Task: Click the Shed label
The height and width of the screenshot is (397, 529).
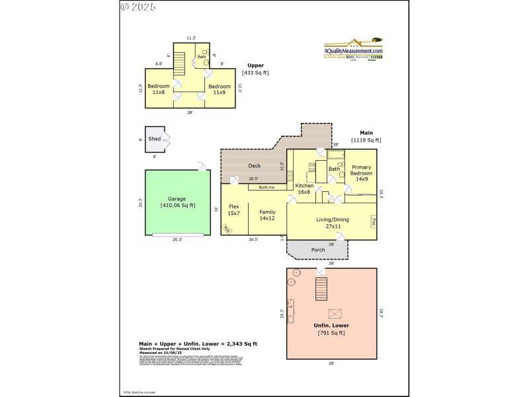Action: pyautogui.click(x=154, y=139)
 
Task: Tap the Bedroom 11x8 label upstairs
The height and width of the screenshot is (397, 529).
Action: pyautogui.click(x=159, y=89)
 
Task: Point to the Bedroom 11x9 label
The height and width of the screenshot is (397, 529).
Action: pyautogui.click(x=219, y=89)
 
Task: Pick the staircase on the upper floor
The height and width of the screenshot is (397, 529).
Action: pyautogui.click(x=177, y=67)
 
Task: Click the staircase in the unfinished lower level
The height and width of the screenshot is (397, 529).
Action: pyautogui.click(x=321, y=288)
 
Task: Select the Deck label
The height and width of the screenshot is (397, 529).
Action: pyautogui.click(x=254, y=165)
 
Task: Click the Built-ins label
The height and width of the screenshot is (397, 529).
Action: pyautogui.click(x=267, y=187)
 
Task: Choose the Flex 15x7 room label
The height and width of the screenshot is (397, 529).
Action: pyautogui.click(x=233, y=210)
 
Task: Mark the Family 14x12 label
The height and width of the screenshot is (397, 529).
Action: pyautogui.click(x=266, y=215)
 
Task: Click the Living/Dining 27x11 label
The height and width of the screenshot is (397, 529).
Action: pyautogui.click(x=332, y=223)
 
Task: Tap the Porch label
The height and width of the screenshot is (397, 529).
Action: pyautogui.click(x=318, y=250)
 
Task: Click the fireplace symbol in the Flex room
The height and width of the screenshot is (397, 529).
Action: pyautogui.click(x=227, y=229)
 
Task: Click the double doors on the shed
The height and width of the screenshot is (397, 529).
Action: pyautogui.click(x=167, y=139)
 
